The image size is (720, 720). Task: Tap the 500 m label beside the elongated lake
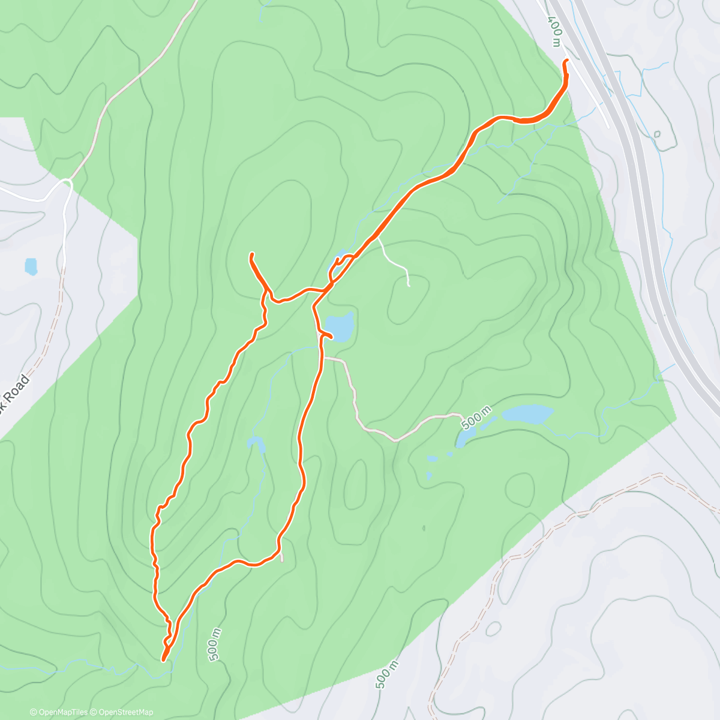(x=476, y=417)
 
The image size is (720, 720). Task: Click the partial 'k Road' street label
(x=13, y=393)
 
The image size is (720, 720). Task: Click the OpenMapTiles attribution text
(x=59, y=712)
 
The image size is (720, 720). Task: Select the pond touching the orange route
(x=340, y=326)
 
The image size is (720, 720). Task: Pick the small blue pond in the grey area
(x=31, y=266)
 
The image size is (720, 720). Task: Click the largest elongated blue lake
(x=527, y=413)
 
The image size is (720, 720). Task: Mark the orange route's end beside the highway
(x=565, y=61)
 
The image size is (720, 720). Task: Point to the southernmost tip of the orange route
(x=163, y=660)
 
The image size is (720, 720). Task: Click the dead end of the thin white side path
(x=409, y=286)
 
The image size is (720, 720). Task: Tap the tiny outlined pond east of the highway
(x=657, y=134)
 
